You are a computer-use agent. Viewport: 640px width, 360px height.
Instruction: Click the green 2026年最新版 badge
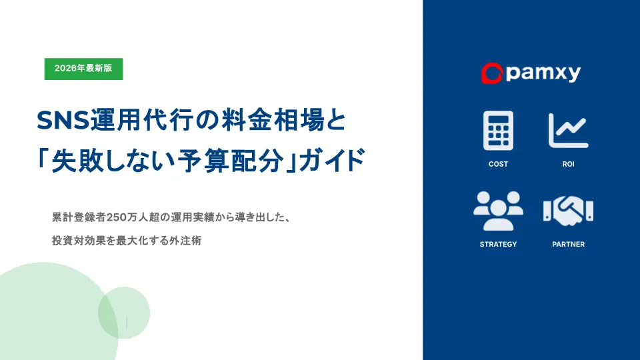(x=84, y=69)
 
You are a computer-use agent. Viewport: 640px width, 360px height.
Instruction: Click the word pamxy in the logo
(x=543, y=73)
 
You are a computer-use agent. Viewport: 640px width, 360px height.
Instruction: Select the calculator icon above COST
(x=499, y=131)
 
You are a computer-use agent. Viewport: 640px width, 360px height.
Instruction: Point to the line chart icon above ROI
(x=568, y=131)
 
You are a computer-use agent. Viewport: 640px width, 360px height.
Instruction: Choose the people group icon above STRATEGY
(x=499, y=211)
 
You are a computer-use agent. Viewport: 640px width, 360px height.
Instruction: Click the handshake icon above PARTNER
(x=568, y=211)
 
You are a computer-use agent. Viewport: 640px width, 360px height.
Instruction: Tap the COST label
(x=499, y=164)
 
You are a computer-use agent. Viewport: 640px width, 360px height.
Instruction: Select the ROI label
(x=568, y=164)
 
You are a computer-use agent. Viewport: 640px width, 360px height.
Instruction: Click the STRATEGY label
(x=499, y=244)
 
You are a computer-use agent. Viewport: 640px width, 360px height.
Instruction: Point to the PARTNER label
(x=568, y=244)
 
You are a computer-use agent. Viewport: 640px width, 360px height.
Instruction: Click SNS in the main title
(x=63, y=121)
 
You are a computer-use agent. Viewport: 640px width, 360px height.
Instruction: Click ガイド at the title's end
(x=332, y=160)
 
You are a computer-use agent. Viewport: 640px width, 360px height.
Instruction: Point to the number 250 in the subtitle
(x=115, y=217)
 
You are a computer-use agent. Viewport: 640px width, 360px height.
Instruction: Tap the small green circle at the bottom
(x=124, y=313)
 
